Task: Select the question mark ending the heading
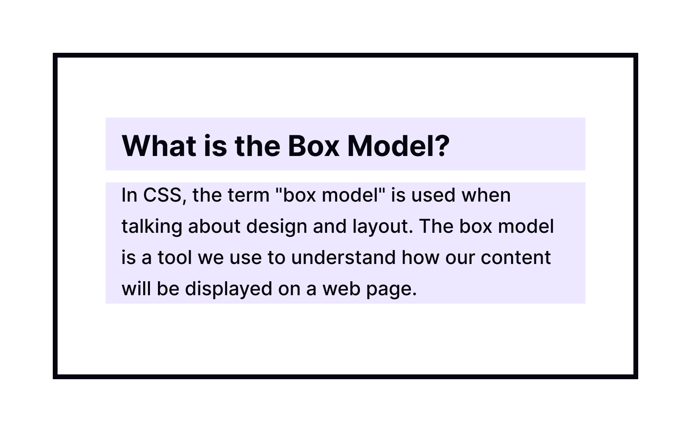pos(443,146)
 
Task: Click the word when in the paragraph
pos(486,196)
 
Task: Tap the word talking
pos(152,227)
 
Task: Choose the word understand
pos(343,258)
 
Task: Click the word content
pos(515,258)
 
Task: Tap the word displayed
pos(228,289)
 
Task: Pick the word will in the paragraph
pos(136,289)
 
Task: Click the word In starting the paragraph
pos(129,196)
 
